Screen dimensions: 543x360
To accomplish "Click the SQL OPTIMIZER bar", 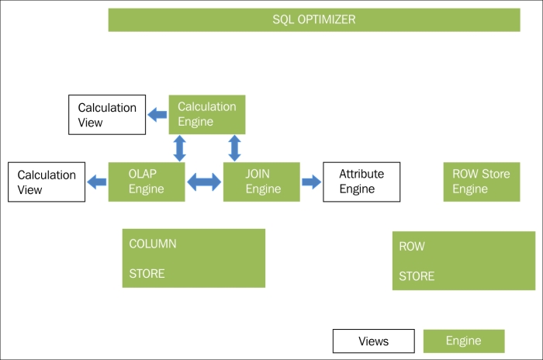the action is (x=314, y=19).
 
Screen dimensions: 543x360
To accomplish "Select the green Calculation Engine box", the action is (x=207, y=115).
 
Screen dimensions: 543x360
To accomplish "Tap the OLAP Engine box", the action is (x=147, y=182).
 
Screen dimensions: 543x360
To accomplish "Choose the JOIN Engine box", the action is (x=261, y=182).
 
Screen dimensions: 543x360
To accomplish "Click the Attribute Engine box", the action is (x=361, y=182).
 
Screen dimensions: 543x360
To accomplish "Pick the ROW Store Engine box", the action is (x=482, y=182).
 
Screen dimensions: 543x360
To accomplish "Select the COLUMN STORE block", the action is (x=194, y=258).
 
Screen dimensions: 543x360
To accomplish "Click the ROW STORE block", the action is (x=464, y=261).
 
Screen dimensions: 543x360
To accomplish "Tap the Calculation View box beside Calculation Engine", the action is (x=107, y=115).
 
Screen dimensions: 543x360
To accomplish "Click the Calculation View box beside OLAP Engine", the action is (x=47, y=182).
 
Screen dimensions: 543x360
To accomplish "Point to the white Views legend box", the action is (x=374, y=341).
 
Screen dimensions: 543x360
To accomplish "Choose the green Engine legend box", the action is (x=464, y=341).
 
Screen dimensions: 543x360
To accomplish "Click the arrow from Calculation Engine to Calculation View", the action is (x=157, y=115).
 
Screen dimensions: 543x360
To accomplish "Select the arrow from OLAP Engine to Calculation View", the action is (x=97, y=182).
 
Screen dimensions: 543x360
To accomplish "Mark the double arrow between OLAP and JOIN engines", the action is (x=204, y=182).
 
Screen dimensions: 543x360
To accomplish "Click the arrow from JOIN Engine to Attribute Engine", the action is (x=312, y=182).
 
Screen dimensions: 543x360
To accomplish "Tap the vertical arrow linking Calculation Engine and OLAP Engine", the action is (x=179, y=148).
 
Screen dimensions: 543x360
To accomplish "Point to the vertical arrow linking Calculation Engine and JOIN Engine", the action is (x=235, y=148).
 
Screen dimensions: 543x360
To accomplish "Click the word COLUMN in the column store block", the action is (x=153, y=244).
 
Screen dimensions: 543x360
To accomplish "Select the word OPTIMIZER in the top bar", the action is (x=327, y=19).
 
